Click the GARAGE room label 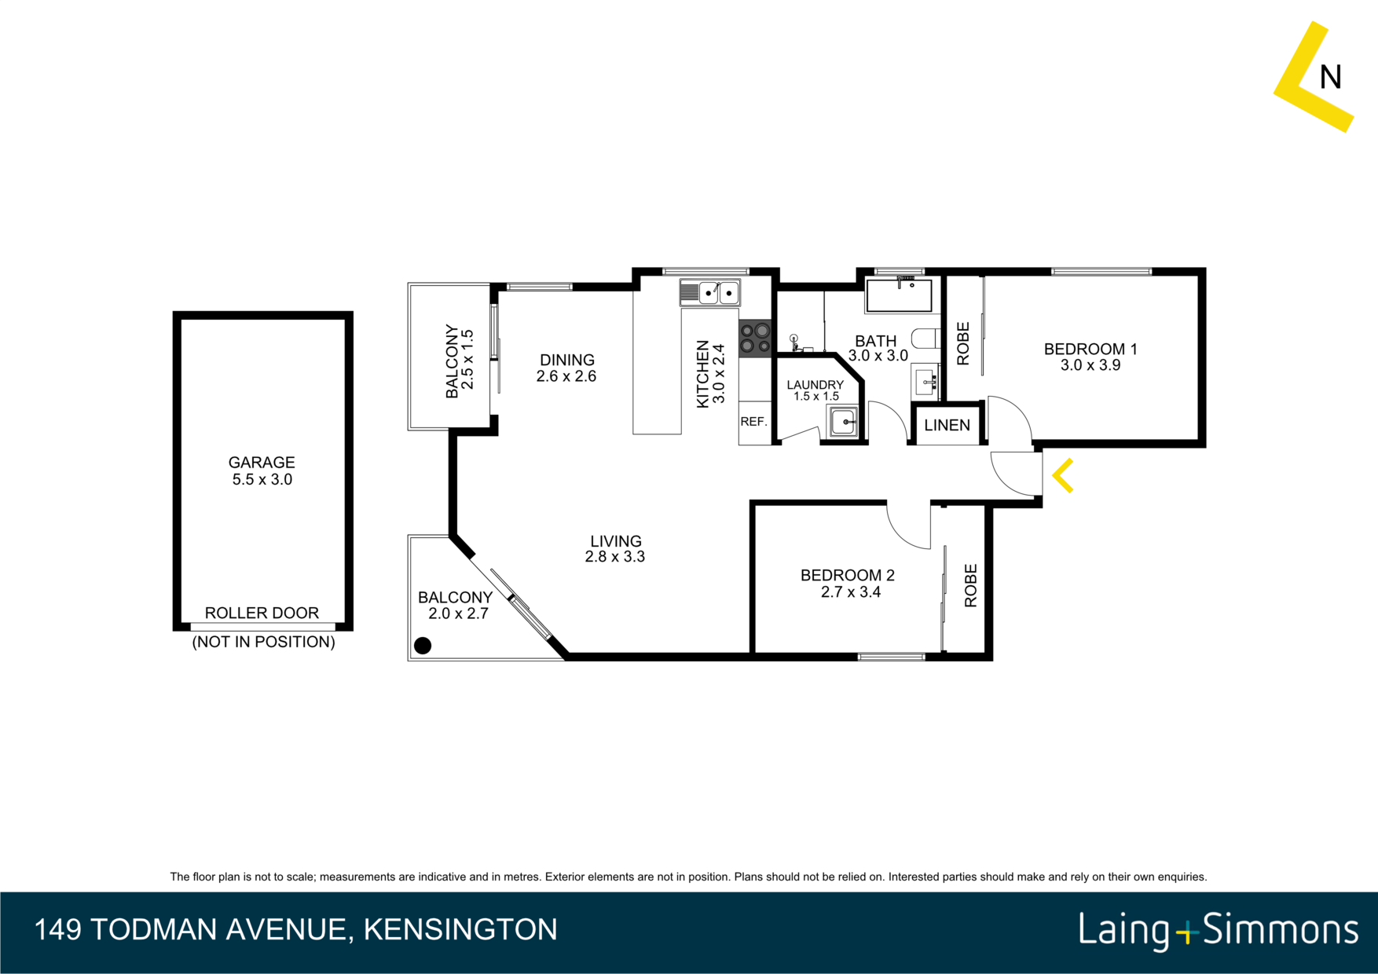pos(262,463)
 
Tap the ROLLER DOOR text pos(262,613)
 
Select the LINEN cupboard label pos(947,425)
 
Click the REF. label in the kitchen pos(753,422)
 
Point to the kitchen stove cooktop pos(755,339)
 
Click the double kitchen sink pos(710,293)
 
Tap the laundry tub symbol pos(844,422)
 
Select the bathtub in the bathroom pos(899,295)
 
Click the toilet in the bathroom pos(926,339)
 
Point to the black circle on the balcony pos(423,646)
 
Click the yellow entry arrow pos(1061,476)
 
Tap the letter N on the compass pos(1330,77)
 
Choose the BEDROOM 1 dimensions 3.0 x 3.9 pos(1090,365)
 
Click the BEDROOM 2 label pos(848,575)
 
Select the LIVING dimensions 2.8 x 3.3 pos(614,557)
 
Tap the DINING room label pos(566,360)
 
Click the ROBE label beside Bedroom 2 pos(970,585)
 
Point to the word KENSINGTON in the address pos(460,929)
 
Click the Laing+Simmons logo pos(1219,930)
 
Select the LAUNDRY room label pos(815,385)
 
